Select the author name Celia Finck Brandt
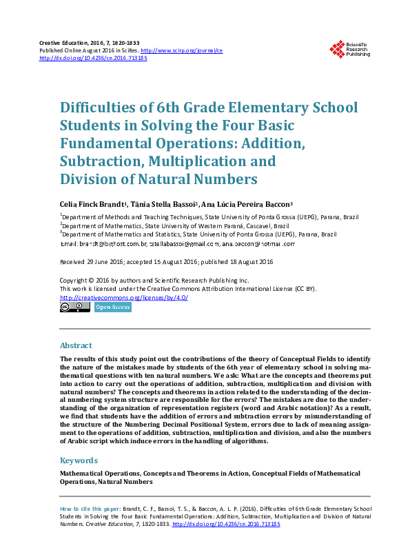click(92, 204)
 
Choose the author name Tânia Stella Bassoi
click(170, 204)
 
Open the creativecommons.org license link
click(124, 298)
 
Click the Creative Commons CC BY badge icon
click(75, 307)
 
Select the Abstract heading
click(76, 345)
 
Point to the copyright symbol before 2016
click(90, 281)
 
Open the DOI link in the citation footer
click(226, 524)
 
